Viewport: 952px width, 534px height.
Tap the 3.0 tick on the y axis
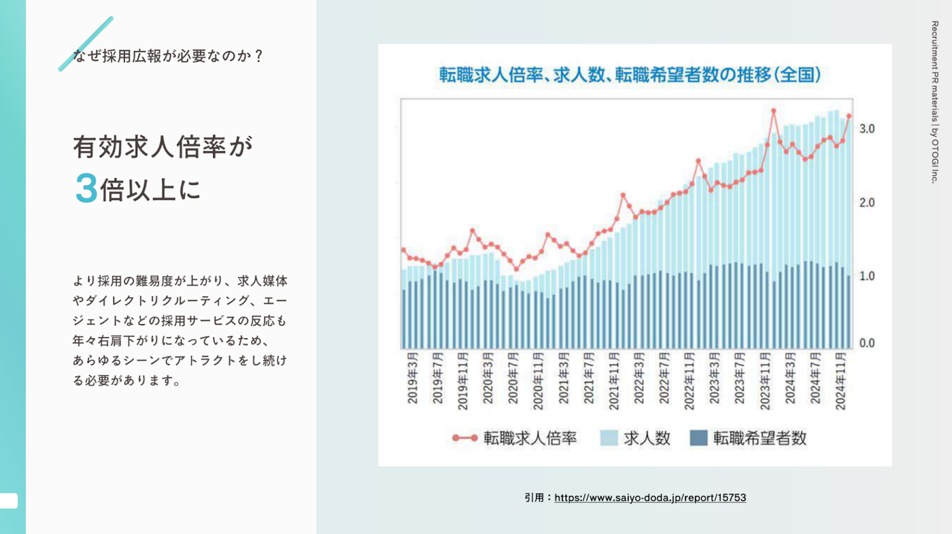tap(867, 128)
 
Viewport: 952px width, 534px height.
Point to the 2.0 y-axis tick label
tap(867, 202)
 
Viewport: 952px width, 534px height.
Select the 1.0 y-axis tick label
tap(867, 276)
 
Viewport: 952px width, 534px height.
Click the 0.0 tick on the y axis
tap(867, 343)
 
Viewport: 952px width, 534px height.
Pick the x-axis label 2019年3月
tap(413, 381)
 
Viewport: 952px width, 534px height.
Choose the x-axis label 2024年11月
tap(841, 384)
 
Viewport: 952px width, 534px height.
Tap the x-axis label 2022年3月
tap(639, 381)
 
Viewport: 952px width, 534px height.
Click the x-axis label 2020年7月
tap(514, 381)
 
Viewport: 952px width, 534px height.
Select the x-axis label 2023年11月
tap(766, 384)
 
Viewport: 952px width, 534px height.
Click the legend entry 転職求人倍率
tap(530, 438)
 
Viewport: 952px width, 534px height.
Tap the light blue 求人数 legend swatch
tap(609, 438)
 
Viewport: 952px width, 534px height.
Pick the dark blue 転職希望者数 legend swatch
tap(698, 438)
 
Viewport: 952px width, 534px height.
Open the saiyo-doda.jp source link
tap(650, 498)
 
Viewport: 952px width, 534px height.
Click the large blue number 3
tap(87, 189)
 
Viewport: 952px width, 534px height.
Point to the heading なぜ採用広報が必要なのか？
tap(169, 56)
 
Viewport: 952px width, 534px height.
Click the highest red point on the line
tap(773, 111)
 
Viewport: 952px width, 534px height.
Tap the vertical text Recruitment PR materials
tap(934, 102)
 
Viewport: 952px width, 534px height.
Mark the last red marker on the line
tap(849, 116)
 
